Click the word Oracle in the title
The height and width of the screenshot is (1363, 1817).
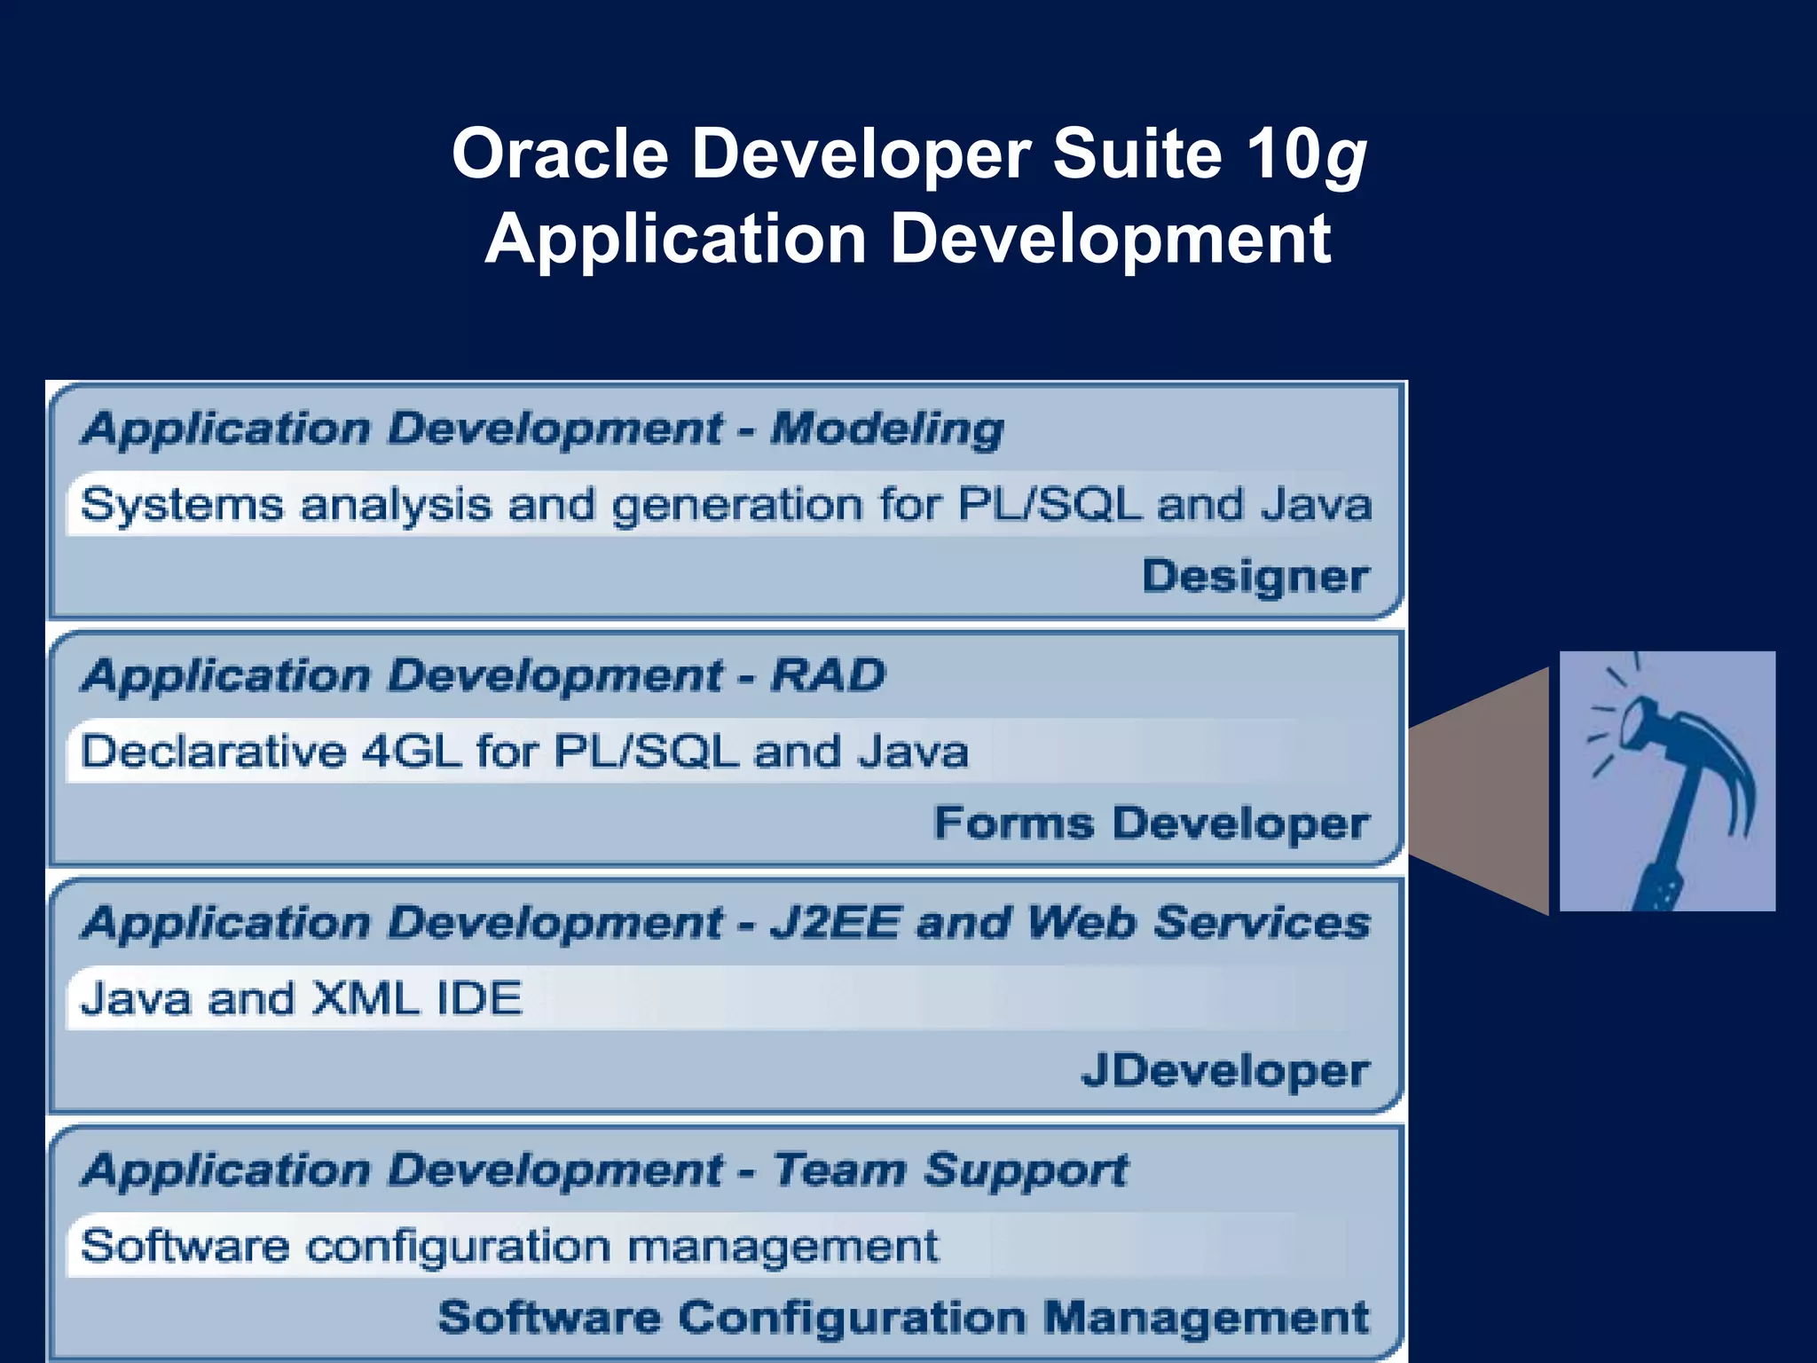point(560,153)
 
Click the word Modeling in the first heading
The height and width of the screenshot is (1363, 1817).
point(887,429)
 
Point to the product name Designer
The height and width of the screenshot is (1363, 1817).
point(1255,577)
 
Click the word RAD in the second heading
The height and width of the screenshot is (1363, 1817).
point(829,675)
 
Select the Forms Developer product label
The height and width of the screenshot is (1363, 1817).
point(1152,823)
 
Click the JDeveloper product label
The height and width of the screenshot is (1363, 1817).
point(1225,1071)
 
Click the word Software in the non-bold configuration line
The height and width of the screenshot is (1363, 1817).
point(185,1246)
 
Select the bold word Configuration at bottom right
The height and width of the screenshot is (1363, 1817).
point(852,1317)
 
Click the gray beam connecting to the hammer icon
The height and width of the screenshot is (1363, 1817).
point(1482,790)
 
